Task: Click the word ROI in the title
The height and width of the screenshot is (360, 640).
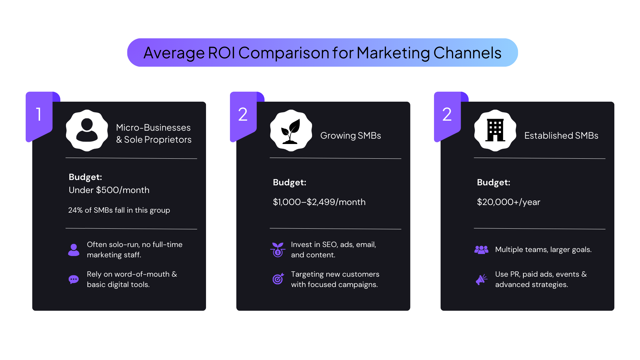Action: (221, 53)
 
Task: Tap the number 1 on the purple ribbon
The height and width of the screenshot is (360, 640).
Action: (39, 114)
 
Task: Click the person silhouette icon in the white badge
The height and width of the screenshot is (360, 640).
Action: (87, 130)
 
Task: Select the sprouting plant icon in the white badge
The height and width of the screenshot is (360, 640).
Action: (291, 131)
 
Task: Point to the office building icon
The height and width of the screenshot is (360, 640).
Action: (495, 130)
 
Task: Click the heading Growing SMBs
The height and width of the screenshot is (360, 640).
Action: (350, 136)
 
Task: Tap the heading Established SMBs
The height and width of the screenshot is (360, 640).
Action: (561, 136)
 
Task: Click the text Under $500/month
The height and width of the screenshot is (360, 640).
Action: (109, 190)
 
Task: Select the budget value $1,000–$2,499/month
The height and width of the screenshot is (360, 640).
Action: (319, 202)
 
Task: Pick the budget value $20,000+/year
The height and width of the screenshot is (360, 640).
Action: (508, 202)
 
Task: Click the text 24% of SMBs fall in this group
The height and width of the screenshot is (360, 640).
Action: (119, 210)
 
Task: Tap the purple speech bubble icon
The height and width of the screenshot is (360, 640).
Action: (74, 279)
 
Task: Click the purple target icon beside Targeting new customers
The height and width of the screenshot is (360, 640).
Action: (278, 279)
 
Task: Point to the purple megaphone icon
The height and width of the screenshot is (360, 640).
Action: (481, 279)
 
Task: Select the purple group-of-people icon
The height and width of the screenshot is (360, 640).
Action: (481, 250)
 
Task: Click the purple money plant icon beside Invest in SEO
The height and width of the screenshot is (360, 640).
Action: (278, 250)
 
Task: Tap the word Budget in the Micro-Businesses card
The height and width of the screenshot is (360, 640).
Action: (85, 177)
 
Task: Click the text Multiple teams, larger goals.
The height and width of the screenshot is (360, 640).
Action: (543, 250)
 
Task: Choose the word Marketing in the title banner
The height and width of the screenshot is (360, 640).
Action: (393, 53)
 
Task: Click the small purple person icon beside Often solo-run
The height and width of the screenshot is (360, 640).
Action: (74, 250)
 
